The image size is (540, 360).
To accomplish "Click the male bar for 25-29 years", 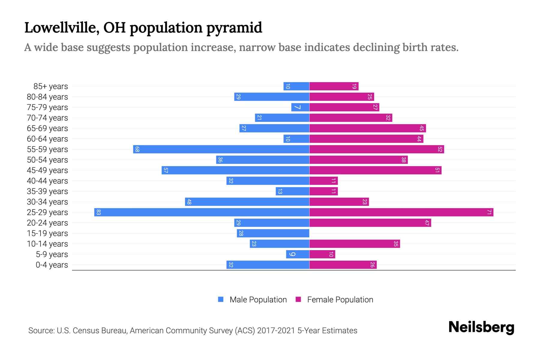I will click(x=202, y=212).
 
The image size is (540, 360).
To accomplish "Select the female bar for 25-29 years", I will click(x=401, y=212).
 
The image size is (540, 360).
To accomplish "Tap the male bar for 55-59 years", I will click(x=221, y=149).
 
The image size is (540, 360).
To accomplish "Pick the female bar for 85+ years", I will click(x=334, y=86).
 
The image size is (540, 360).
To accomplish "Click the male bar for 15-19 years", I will click(x=273, y=233).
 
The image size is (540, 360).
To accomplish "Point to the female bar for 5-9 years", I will click(x=322, y=254).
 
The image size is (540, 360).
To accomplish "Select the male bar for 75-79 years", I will click(x=300, y=107).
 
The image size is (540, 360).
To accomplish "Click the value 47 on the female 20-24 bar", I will click(x=427, y=223).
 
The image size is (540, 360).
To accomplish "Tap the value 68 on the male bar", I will click(x=137, y=149).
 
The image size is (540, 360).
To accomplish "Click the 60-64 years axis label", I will click(x=47, y=139).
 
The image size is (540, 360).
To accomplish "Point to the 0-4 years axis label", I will click(x=52, y=265).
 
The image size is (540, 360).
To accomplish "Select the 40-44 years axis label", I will click(x=47, y=181).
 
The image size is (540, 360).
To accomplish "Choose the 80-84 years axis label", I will click(x=47, y=97).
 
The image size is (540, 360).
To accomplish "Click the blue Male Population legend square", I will click(x=221, y=299).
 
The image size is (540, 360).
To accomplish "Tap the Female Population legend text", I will click(x=340, y=300).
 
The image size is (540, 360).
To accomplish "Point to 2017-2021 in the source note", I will click(x=276, y=331).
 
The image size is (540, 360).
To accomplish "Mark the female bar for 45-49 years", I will click(x=375, y=170).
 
